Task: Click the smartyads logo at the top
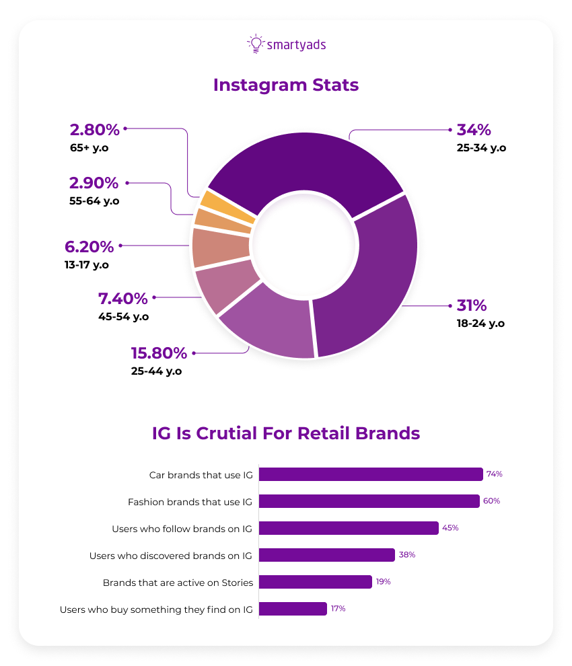[x=286, y=44]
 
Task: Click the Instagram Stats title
[x=286, y=86]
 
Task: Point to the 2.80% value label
[x=94, y=129]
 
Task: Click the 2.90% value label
[x=94, y=182]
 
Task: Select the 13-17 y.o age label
[x=87, y=265]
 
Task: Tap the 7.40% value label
[x=122, y=298]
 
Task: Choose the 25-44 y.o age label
[x=156, y=371]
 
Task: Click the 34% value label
[x=474, y=129]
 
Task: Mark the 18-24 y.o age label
[x=480, y=323]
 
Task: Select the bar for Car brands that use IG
[x=370, y=474]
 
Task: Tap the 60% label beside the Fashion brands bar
[x=491, y=501]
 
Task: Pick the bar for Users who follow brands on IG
[x=349, y=528]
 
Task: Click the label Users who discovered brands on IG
[x=170, y=556]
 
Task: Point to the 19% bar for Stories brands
[x=315, y=582]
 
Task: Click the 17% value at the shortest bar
[x=338, y=609]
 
